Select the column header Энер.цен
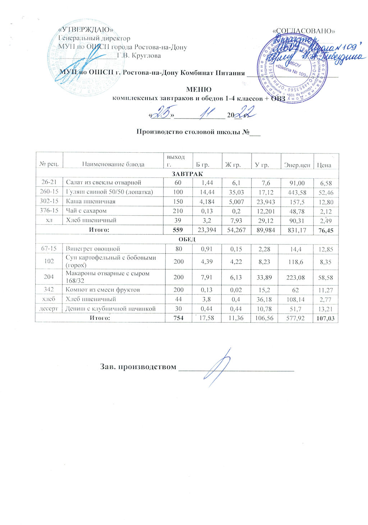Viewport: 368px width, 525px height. tap(297, 165)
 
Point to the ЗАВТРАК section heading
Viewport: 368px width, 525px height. tap(187, 174)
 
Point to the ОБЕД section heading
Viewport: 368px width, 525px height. tap(187, 239)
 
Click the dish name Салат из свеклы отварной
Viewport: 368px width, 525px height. tap(103, 183)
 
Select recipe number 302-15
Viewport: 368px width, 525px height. tap(49, 201)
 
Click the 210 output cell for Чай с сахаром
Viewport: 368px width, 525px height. tap(178, 211)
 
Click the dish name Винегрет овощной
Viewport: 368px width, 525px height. tap(92, 249)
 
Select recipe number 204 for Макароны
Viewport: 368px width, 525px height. tap(49, 276)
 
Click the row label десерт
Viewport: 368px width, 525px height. tap(49, 308)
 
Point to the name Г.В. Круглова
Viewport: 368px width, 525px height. tap(139, 56)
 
